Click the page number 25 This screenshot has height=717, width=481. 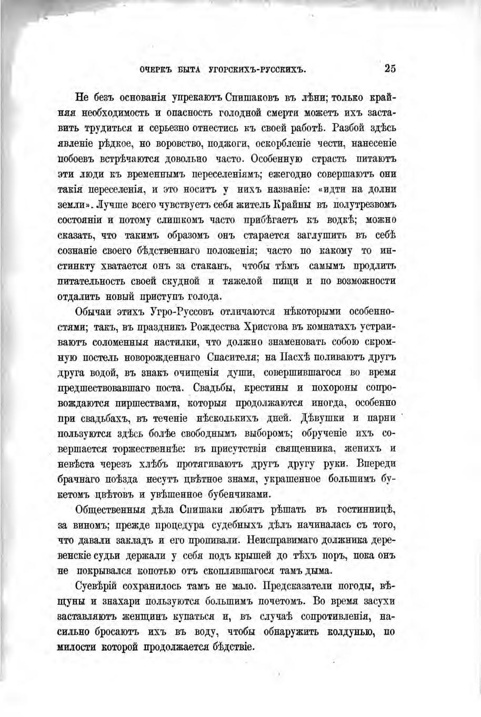coord(390,68)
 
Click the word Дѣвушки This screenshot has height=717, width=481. coord(323,419)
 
